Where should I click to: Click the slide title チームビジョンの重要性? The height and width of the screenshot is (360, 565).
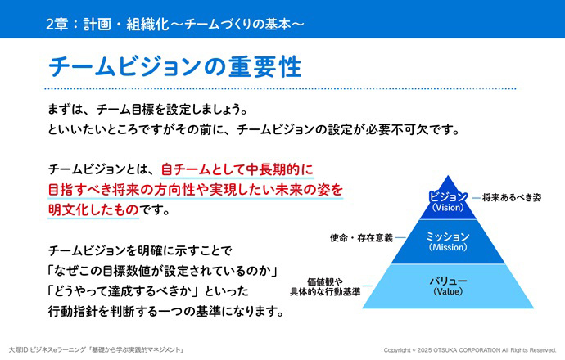174,67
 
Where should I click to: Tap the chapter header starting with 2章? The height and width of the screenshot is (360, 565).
175,24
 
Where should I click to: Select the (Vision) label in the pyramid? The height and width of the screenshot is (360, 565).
448,208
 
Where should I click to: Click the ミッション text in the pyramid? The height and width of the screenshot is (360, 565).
448,236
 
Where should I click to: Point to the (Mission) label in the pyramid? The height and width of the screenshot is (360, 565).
448,247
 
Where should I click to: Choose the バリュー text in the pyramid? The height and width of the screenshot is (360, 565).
448,281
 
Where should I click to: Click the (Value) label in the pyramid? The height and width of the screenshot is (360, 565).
448,291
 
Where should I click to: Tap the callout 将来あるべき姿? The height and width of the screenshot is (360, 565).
512,197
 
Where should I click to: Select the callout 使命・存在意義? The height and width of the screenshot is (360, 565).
361,238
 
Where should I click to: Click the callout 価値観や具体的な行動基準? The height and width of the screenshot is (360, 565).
325,287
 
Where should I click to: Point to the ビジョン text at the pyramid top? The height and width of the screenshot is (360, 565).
448,196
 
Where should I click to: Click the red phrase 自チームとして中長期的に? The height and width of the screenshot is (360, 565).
237,169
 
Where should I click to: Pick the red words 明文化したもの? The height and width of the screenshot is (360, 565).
93,210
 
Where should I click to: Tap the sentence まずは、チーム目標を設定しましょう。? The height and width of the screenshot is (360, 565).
148,110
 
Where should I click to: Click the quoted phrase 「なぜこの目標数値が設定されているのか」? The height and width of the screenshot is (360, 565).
163,271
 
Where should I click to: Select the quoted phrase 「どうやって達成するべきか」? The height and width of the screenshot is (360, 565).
124,291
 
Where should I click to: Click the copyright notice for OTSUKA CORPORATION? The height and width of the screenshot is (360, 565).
470,350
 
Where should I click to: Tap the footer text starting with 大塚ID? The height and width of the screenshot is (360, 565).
97,349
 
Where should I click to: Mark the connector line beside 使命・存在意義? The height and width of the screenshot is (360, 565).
400,237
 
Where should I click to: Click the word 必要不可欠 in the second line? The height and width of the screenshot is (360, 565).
395,129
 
